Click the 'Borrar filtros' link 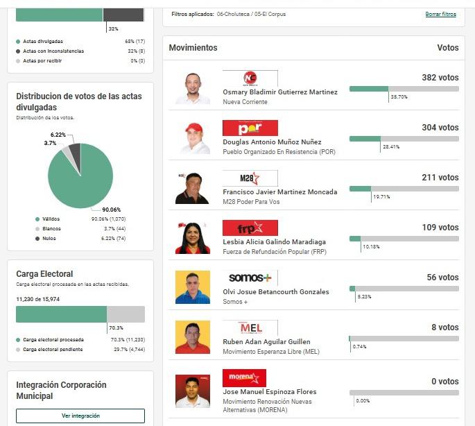pos(440,14)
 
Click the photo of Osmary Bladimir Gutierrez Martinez pos(192,87)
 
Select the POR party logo pos(250,128)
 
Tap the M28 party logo pos(250,178)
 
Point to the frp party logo pos(250,228)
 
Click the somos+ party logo pos(250,278)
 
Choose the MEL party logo pos(250,328)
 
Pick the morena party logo pos(244,378)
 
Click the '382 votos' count pos(440,78)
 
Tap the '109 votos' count pos(440,228)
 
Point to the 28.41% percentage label pos(390,147)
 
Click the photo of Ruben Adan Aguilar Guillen pos(192,336)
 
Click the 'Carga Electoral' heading pos(44,274)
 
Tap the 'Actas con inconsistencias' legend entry pos(53,51)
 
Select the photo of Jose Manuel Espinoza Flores pos(192,391)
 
